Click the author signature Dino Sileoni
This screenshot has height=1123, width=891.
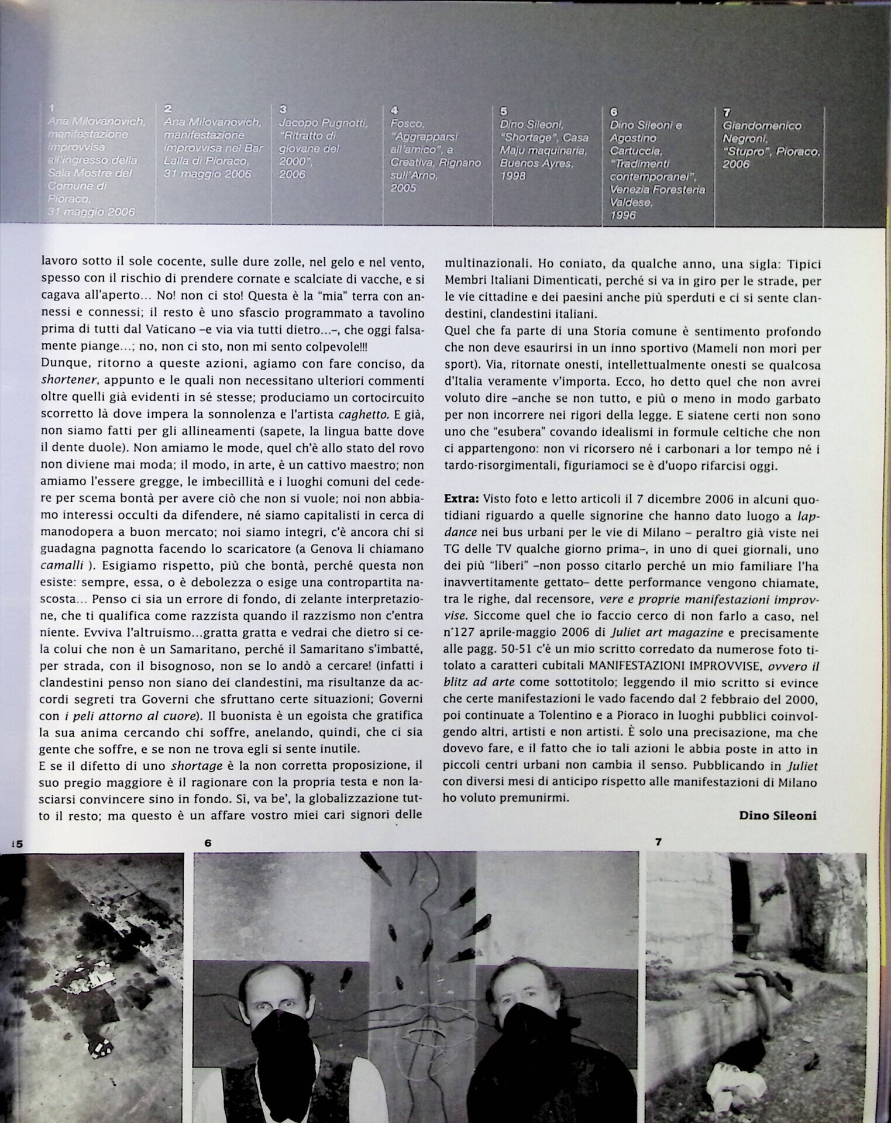coord(778,815)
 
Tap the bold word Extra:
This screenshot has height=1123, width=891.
coord(462,500)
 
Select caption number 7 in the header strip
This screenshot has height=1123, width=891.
coord(726,112)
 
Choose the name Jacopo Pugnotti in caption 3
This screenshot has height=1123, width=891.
coord(323,123)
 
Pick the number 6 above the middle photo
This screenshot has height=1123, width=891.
coord(208,843)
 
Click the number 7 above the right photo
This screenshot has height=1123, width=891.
coord(658,842)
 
